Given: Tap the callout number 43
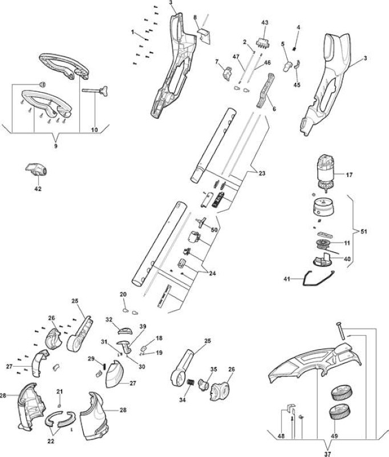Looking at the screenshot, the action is (265, 22).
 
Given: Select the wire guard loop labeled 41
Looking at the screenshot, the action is (319, 278).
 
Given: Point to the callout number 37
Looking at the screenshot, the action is (328, 454).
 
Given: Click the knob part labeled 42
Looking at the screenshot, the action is (37, 170).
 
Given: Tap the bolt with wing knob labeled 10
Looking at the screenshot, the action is (95, 90).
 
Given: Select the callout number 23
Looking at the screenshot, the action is (262, 173).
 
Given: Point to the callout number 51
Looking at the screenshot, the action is (364, 232).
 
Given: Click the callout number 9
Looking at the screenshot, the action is (56, 146).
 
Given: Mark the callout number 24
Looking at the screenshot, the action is (213, 274).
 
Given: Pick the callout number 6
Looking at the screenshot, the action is (274, 109).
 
